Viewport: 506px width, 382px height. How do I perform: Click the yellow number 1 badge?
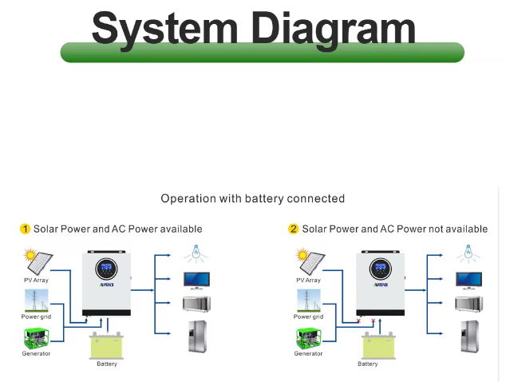[x=25, y=229]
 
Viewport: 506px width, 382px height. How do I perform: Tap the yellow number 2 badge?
[x=293, y=229]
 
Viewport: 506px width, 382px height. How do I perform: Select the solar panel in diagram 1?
[x=40, y=263]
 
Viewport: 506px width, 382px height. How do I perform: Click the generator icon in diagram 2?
[x=309, y=338]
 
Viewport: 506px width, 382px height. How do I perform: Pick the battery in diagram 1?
[x=106, y=345]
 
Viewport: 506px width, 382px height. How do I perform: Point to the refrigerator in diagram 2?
[x=470, y=336]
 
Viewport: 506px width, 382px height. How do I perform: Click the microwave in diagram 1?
[x=196, y=304]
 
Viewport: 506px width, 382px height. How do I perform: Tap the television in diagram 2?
[x=469, y=281]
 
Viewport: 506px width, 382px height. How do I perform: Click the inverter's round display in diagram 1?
[x=106, y=269]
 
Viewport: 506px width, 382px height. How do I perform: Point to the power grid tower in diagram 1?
[x=36, y=300]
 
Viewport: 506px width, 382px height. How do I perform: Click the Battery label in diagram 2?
[x=368, y=364]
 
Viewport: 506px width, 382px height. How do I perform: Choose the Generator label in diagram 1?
[x=36, y=353]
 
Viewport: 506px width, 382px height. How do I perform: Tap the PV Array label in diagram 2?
[x=309, y=281]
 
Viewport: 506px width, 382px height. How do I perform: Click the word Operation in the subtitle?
[x=188, y=198]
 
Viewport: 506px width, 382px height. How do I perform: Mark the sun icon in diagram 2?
[x=302, y=255]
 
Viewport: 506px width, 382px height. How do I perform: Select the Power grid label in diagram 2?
[x=308, y=316]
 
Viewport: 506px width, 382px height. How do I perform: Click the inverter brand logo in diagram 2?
[x=381, y=285]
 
